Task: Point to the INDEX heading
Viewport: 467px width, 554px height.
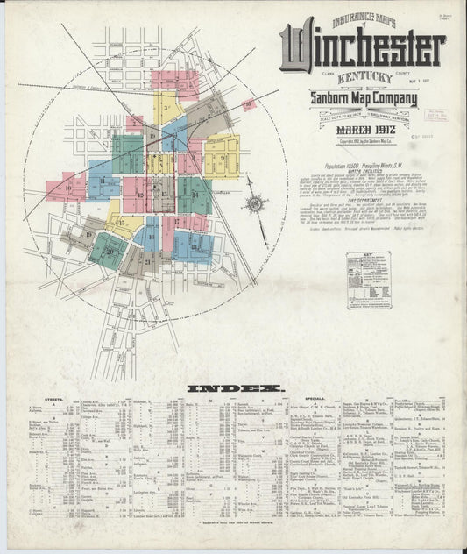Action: pyautogui.click(x=235, y=387)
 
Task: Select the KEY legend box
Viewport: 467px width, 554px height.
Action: pyautogui.click(x=368, y=281)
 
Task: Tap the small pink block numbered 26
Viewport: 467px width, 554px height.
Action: pyautogui.click(x=248, y=105)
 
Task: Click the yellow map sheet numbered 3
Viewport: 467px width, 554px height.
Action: pyautogui.click(x=165, y=108)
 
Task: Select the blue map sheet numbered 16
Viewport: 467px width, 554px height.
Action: pyautogui.click(x=149, y=234)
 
